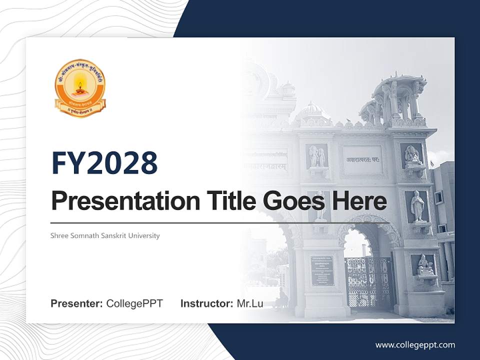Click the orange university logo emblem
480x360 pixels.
[x=80, y=88]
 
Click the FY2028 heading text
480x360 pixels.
[x=104, y=163]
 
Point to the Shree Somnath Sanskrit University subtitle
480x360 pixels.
[x=105, y=235]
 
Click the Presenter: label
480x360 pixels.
[x=77, y=303]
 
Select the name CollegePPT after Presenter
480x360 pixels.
[x=134, y=303]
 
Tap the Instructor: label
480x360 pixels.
[x=206, y=303]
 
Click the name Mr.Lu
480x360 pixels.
[x=250, y=303]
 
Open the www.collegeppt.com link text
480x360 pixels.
[x=415, y=344]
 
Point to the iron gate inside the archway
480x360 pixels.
[x=369, y=282]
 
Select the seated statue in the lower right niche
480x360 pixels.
[x=425, y=266]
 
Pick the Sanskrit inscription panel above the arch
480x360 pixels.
[x=363, y=160]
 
